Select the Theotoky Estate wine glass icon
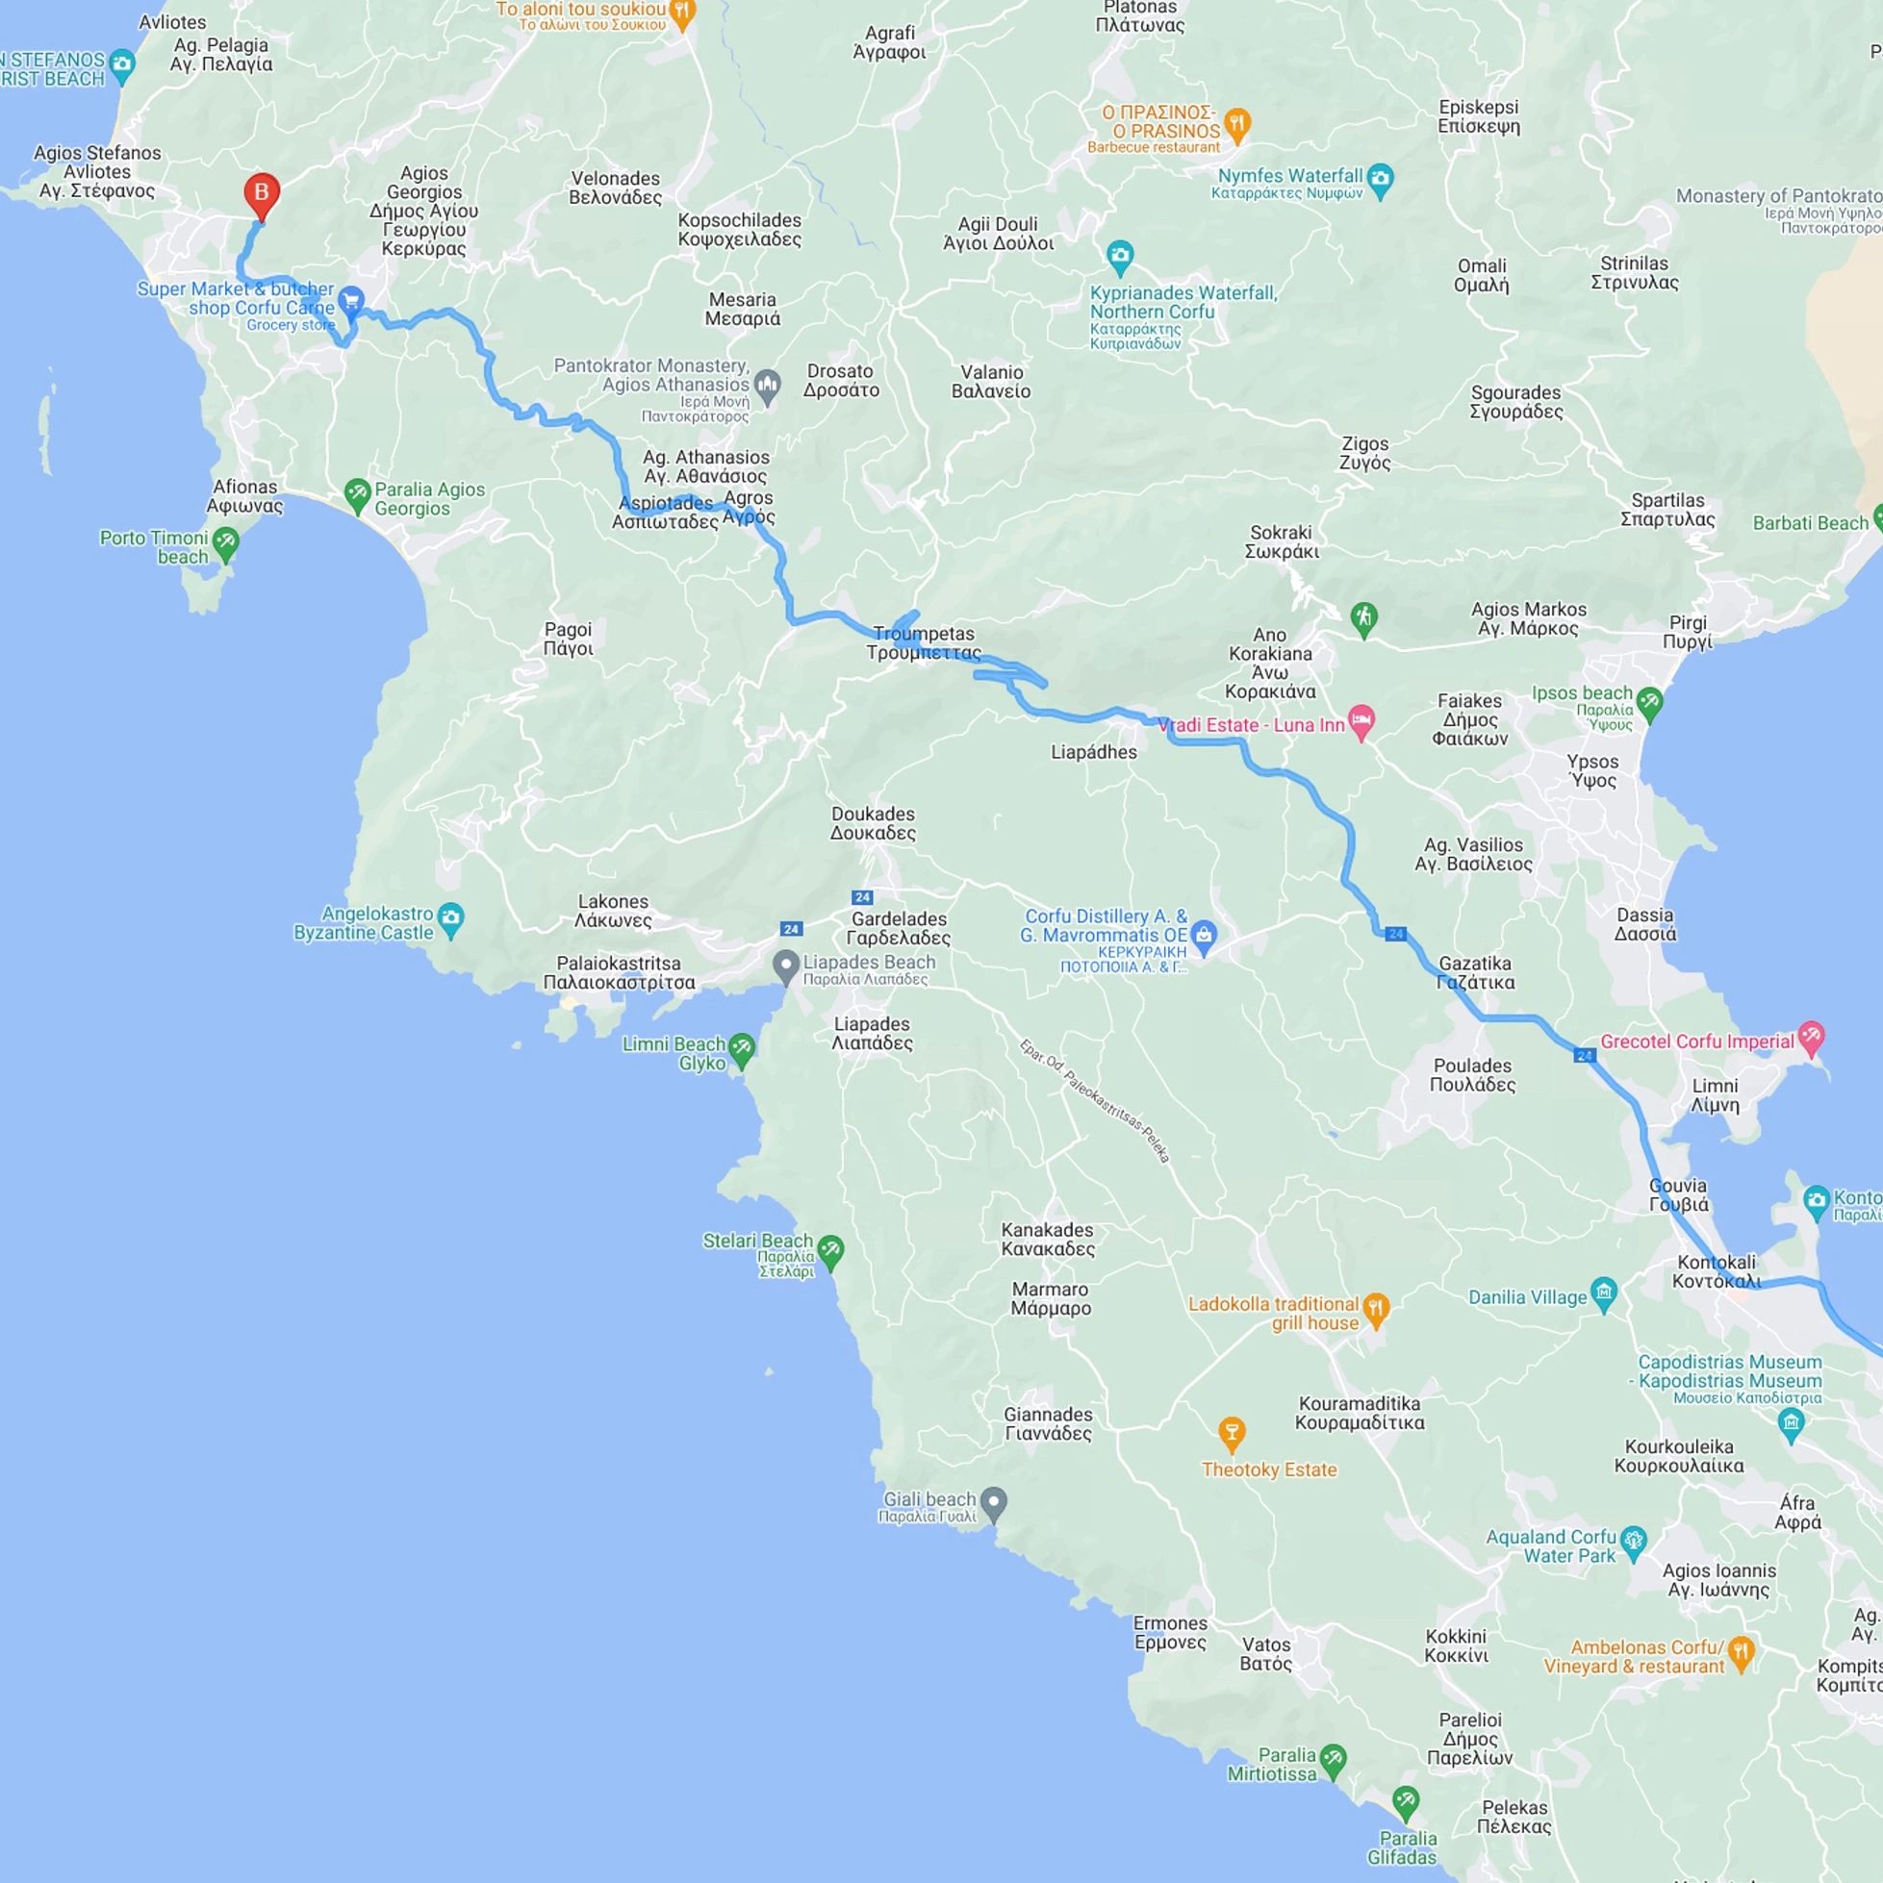click(x=1232, y=1432)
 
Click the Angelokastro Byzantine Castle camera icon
click(x=450, y=917)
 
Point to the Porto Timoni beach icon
click(x=225, y=544)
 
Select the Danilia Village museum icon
click(x=1604, y=1293)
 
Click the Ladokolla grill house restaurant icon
click(x=1376, y=1309)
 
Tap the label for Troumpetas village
click(x=924, y=643)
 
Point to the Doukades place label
click(x=873, y=822)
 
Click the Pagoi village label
click(x=569, y=639)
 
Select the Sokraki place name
click(x=1282, y=541)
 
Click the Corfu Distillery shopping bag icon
click(x=1204, y=933)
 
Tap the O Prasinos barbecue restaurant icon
click(x=1237, y=123)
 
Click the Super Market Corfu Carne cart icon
click(x=351, y=300)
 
